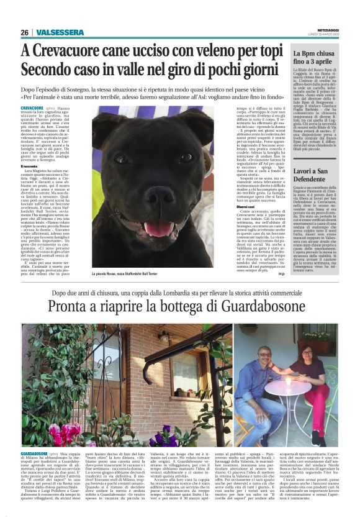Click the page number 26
point(25,32)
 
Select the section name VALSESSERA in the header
point(60,32)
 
